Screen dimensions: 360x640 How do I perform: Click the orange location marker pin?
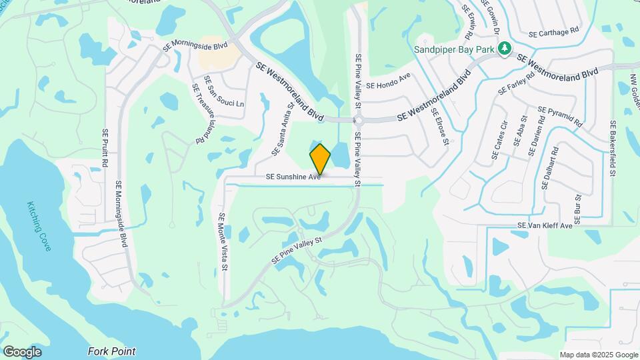[x=320, y=159]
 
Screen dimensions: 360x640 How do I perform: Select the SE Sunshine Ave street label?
[x=294, y=177]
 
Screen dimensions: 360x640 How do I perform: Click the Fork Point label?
[x=111, y=351]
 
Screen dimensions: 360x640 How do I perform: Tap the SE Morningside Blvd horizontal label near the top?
[x=195, y=45]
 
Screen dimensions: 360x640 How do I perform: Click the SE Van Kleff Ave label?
[x=545, y=226]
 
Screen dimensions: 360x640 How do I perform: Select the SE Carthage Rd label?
[x=553, y=32]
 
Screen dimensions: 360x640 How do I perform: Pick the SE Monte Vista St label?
[x=224, y=241]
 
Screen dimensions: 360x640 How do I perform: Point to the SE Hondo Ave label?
[x=388, y=85]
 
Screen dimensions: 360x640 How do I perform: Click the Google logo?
[x=22, y=351]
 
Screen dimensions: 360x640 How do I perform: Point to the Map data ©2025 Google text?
[x=599, y=355]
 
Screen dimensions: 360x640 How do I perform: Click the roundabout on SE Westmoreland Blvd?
[x=358, y=121]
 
